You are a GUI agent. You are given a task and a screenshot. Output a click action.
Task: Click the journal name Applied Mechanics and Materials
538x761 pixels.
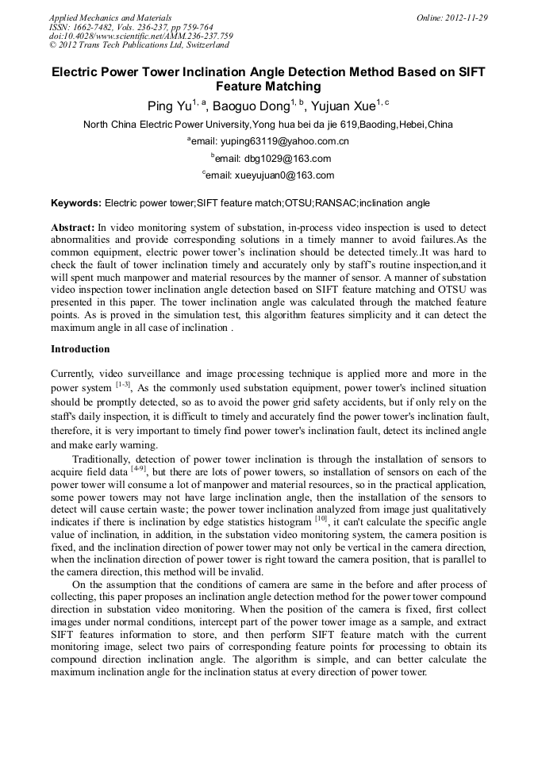coord(110,17)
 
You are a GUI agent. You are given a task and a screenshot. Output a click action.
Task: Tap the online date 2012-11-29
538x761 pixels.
coord(464,17)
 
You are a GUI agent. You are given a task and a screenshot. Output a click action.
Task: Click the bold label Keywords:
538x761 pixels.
coord(76,203)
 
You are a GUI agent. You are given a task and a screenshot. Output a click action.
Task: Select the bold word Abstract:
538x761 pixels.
coord(73,227)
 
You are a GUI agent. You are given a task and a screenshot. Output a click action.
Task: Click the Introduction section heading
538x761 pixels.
coord(80,348)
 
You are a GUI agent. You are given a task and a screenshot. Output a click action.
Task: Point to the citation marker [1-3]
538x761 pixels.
coord(123,385)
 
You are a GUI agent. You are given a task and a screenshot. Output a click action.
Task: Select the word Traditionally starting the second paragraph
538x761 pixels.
coord(102,459)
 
